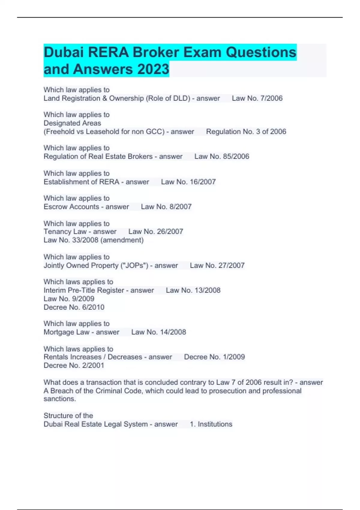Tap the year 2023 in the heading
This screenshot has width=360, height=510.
tap(153, 69)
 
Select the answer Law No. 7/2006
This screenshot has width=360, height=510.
tap(257, 98)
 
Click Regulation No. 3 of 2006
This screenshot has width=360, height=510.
tap(246, 132)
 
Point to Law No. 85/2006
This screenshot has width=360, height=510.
tap(222, 157)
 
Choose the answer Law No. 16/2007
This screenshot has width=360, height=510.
tap(188, 182)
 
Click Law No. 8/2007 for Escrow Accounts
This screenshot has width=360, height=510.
tap(166, 207)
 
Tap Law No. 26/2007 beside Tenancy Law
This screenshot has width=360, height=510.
tap(156, 232)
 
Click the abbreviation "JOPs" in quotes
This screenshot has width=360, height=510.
tap(134, 265)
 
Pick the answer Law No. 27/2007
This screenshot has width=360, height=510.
tap(217, 265)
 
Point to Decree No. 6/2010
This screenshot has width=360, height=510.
tap(74, 307)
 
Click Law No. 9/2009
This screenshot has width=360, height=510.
tap(69, 299)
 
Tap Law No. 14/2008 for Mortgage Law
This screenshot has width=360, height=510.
tap(159, 332)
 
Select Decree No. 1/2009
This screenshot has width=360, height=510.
tap(214, 357)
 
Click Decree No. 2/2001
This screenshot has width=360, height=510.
tap(74, 365)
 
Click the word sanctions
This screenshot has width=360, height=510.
tap(59, 399)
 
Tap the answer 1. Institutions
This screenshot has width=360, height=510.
tap(211, 424)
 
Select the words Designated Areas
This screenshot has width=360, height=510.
tap(72, 123)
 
